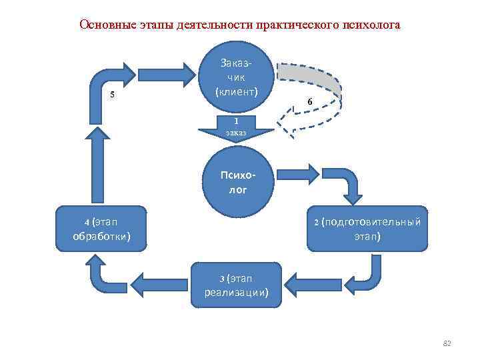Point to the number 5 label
(112, 93)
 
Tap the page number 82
(447, 343)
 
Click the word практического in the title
(287, 25)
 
